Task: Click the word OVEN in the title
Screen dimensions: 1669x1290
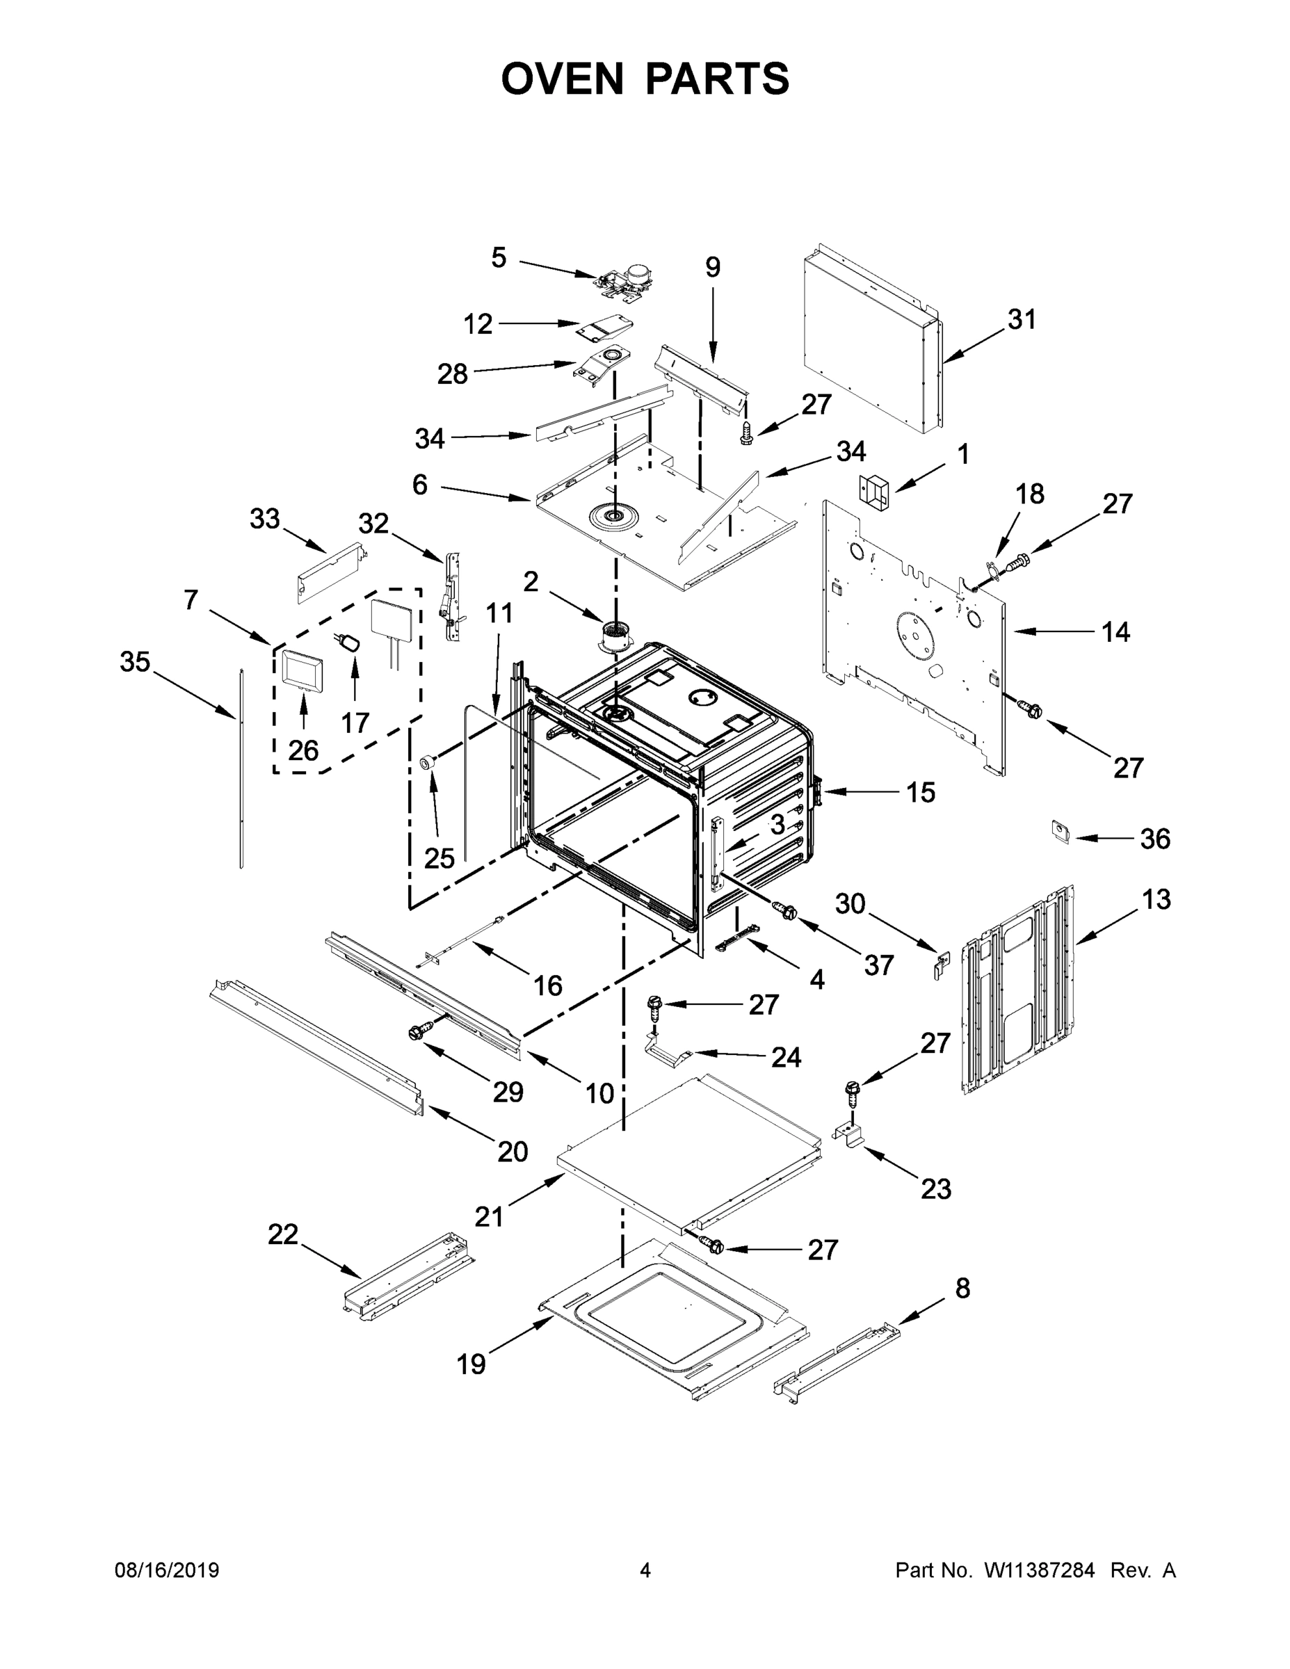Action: point(563,79)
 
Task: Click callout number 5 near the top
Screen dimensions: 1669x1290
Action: point(499,257)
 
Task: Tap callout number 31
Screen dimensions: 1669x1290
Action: point(1021,319)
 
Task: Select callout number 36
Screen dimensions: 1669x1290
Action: point(1154,839)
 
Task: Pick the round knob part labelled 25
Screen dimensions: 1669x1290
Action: point(430,761)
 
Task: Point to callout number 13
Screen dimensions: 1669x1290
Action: point(1156,901)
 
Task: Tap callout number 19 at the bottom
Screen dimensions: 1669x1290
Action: point(471,1363)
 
